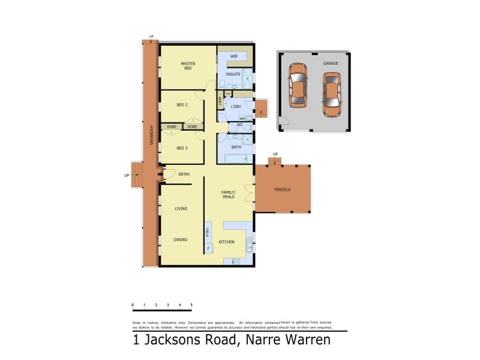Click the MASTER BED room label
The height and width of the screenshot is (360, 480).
(x=187, y=65)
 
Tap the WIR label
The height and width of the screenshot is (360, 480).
(x=234, y=55)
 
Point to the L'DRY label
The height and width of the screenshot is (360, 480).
(x=236, y=107)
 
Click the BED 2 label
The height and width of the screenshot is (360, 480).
(x=182, y=104)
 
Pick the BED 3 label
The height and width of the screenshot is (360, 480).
(x=182, y=148)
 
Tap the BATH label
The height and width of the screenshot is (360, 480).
(x=236, y=147)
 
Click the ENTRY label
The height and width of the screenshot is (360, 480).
(x=184, y=174)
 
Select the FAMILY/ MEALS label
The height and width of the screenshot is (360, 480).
(x=229, y=194)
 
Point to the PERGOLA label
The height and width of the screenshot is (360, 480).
(x=282, y=190)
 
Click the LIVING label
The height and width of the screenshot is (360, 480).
(x=181, y=209)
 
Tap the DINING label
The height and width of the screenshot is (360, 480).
(x=181, y=239)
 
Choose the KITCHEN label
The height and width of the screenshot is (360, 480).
(x=226, y=242)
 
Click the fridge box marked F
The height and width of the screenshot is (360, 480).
(x=208, y=248)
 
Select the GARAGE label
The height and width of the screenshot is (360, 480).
(x=331, y=62)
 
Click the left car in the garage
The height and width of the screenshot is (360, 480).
(x=297, y=85)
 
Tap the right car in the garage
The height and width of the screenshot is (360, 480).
(x=331, y=94)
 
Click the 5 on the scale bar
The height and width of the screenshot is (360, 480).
(x=191, y=305)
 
